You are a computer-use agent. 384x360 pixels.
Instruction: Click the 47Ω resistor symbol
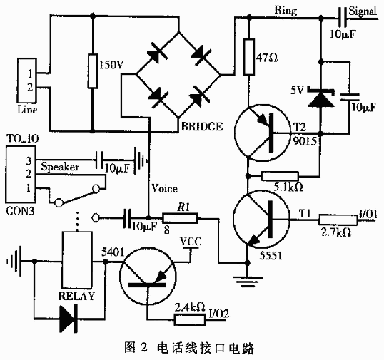249,57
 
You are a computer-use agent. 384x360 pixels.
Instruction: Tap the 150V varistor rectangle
93,71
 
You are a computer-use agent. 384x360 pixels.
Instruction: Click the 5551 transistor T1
261,220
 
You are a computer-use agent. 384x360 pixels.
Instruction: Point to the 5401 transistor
148,276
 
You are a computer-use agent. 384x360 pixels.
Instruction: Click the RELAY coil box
77,259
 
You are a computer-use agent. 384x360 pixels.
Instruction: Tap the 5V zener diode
320,98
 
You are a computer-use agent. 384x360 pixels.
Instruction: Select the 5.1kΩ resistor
280,176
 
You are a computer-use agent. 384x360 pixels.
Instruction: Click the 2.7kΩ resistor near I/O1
338,220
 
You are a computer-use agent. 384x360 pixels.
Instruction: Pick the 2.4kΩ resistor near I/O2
190,319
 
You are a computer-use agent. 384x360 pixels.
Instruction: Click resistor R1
180,218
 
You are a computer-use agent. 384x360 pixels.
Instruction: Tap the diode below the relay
69,319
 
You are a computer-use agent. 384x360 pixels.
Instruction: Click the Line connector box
27,81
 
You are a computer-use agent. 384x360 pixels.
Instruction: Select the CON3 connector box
21,175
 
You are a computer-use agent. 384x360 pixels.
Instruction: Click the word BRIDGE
202,127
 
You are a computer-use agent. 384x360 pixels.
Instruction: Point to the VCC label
191,242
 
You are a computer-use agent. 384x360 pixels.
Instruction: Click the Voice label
164,188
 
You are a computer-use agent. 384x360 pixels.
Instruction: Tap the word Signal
363,11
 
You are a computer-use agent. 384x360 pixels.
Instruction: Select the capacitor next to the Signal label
343,17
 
